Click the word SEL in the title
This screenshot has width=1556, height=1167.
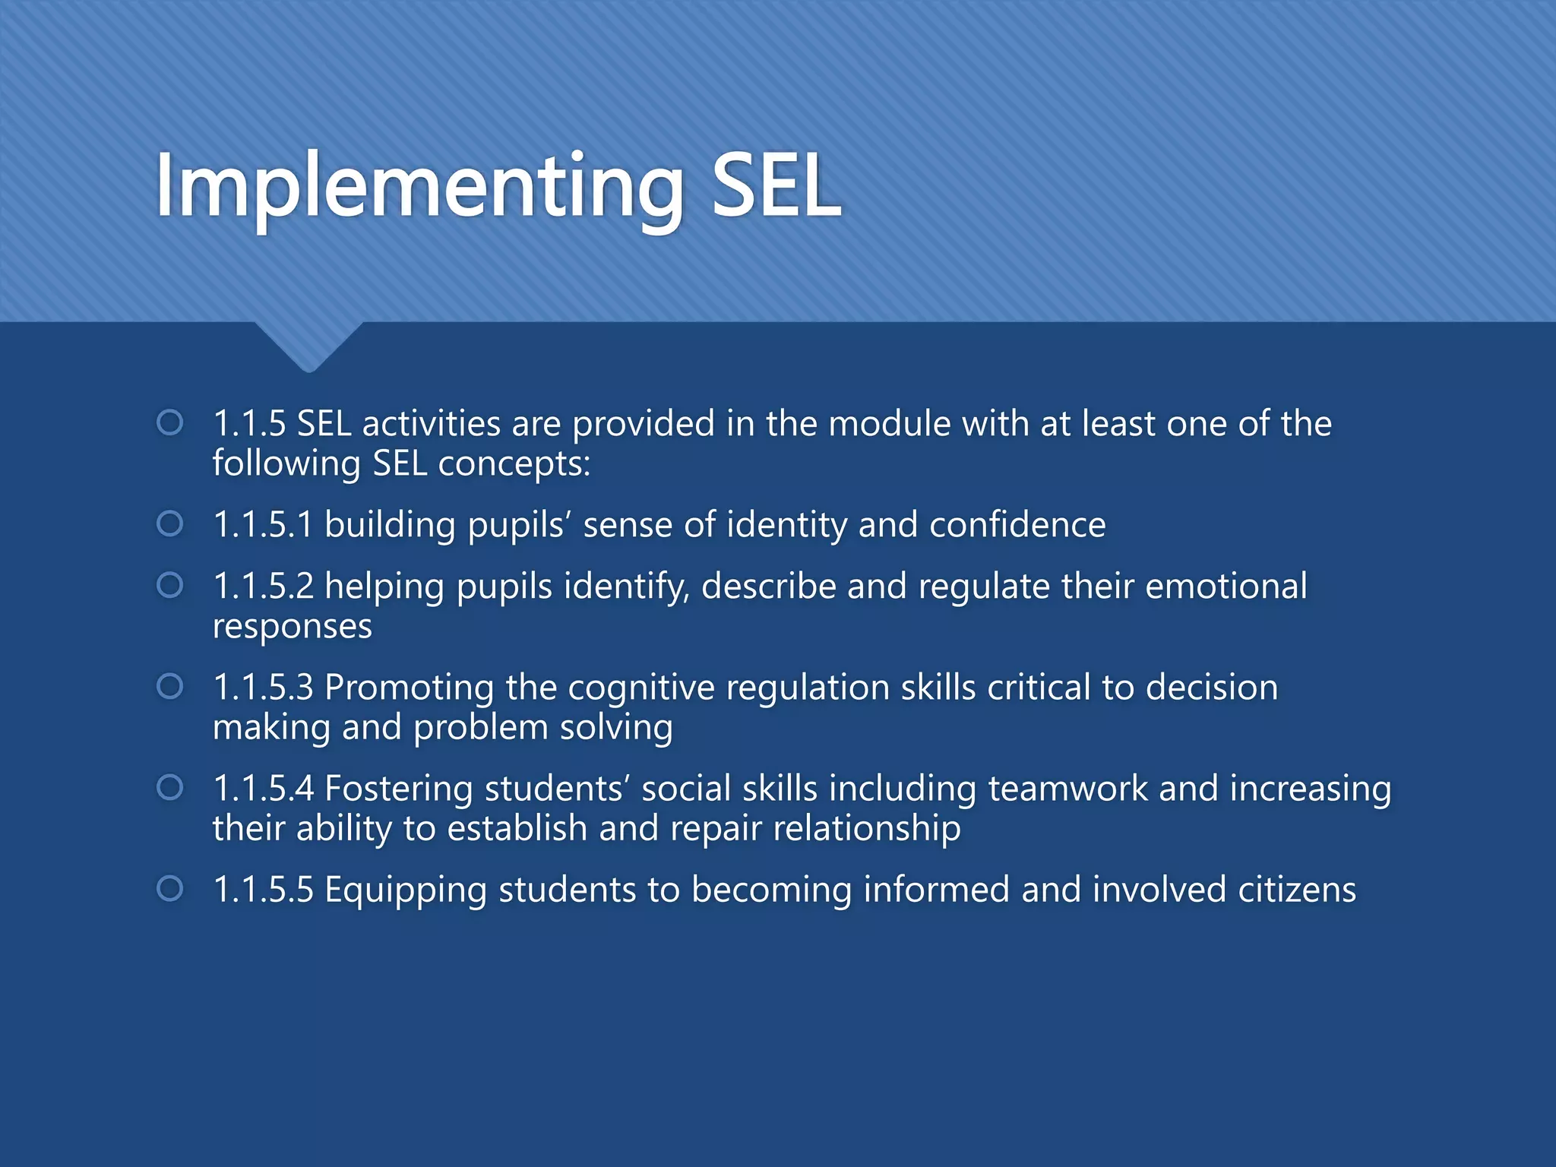point(776,186)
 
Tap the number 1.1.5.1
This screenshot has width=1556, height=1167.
point(263,524)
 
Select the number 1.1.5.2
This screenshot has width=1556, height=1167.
point(263,586)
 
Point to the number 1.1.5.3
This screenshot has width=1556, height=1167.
point(263,687)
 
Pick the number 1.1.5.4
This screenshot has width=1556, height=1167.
point(263,788)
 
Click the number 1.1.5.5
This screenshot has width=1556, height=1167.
point(263,889)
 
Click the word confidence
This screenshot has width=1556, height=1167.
point(1017,524)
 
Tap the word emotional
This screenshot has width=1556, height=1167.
point(1226,586)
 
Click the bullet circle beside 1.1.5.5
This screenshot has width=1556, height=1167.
point(169,888)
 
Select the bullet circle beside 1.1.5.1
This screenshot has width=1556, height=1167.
point(169,523)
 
